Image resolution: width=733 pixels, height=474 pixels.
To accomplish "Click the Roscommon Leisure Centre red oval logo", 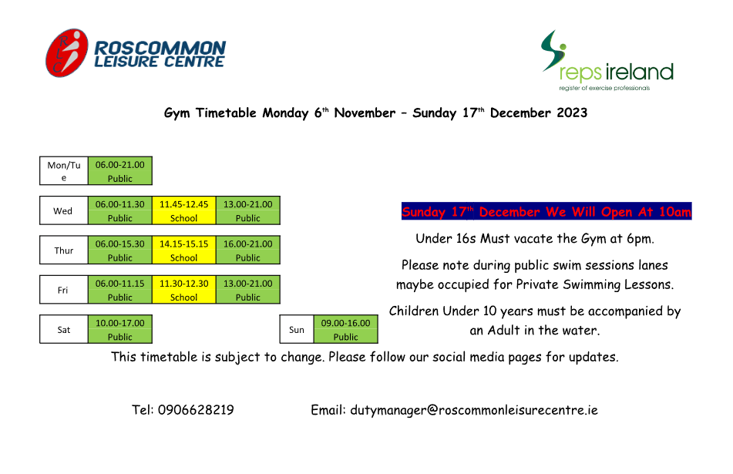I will pyautogui.click(x=67, y=53).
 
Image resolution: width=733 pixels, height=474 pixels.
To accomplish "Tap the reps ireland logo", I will pyautogui.click(x=607, y=62).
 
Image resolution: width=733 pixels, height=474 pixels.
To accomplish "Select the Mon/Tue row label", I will pyautogui.click(x=64, y=171).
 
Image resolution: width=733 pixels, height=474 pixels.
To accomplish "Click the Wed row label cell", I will pyautogui.click(x=63, y=210).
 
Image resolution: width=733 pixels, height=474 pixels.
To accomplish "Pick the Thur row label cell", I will pyautogui.click(x=64, y=250).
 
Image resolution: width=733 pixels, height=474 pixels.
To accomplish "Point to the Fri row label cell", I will pyautogui.click(x=63, y=290).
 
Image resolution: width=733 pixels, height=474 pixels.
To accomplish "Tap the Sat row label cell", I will pyautogui.click(x=64, y=330).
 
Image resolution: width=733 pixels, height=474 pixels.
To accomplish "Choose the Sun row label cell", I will pyautogui.click(x=297, y=330).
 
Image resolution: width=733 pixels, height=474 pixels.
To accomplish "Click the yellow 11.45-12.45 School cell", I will pyautogui.click(x=183, y=210).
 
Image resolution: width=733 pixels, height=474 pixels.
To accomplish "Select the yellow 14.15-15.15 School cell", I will pyautogui.click(x=183, y=250).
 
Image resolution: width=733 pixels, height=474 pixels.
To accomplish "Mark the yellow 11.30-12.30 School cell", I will pyautogui.click(x=183, y=290).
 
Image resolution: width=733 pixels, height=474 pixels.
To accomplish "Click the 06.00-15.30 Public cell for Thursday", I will pyautogui.click(x=119, y=250).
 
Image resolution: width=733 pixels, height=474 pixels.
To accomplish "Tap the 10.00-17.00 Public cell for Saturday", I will pyautogui.click(x=119, y=330).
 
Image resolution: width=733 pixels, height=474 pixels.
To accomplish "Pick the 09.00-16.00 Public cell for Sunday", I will pyautogui.click(x=345, y=330).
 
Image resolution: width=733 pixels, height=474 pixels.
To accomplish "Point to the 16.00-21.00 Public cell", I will pyautogui.click(x=247, y=250).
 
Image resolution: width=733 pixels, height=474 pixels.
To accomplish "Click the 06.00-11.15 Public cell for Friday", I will pyautogui.click(x=119, y=290).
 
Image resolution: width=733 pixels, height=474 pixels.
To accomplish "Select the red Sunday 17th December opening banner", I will pyautogui.click(x=546, y=212).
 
